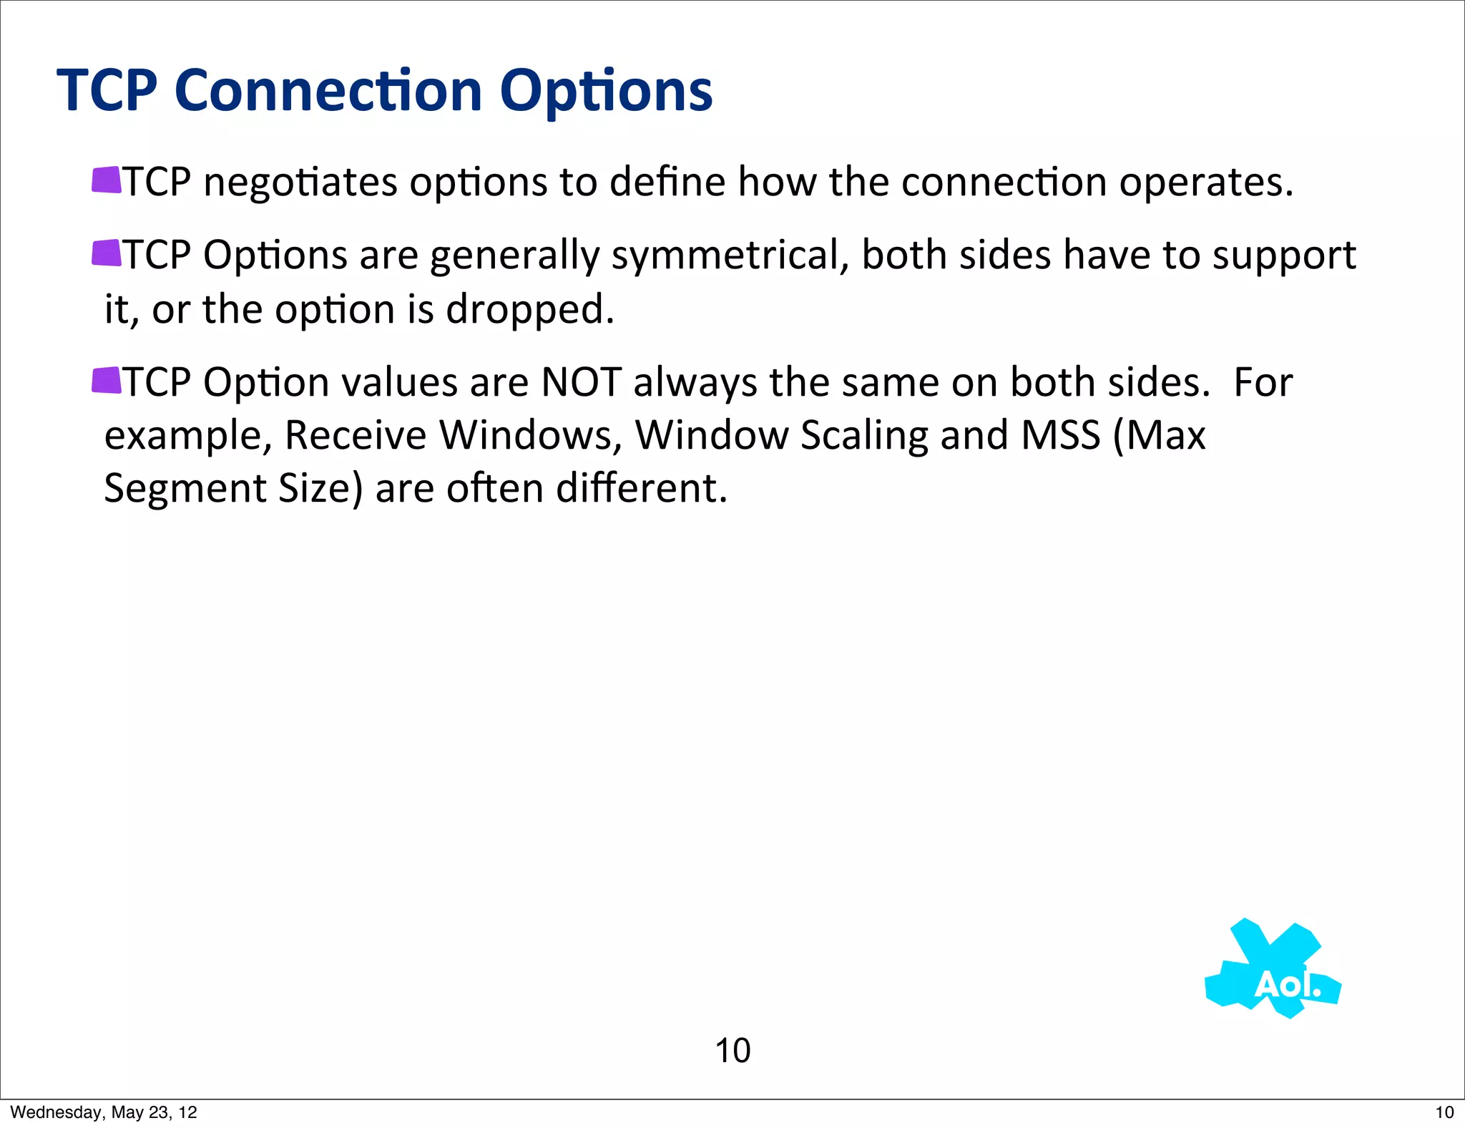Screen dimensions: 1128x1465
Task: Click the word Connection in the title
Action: pyautogui.click(x=328, y=91)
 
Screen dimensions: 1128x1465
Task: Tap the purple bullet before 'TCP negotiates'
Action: pyautogui.click(x=106, y=180)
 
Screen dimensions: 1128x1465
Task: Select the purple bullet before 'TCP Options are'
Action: pyautogui.click(x=106, y=253)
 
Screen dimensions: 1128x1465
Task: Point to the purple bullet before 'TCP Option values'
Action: pyautogui.click(x=106, y=380)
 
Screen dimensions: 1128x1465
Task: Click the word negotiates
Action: pyautogui.click(x=300, y=183)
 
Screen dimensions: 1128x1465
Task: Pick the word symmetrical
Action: pyautogui.click(x=730, y=256)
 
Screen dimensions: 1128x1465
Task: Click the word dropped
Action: pyautogui.click(x=529, y=311)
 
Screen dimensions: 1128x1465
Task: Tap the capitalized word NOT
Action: pyautogui.click(x=581, y=382)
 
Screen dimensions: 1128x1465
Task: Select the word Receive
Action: pyautogui.click(x=355, y=435)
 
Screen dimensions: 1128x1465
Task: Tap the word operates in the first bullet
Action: pyautogui.click(x=1205, y=183)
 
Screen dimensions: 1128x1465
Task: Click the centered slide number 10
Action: pyautogui.click(x=732, y=1051)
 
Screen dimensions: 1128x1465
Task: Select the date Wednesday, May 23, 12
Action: pyautogui.click(x=104, y=1112)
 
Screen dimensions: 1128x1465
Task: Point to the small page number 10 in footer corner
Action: pyautogui.click(x=1444, y=1112)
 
